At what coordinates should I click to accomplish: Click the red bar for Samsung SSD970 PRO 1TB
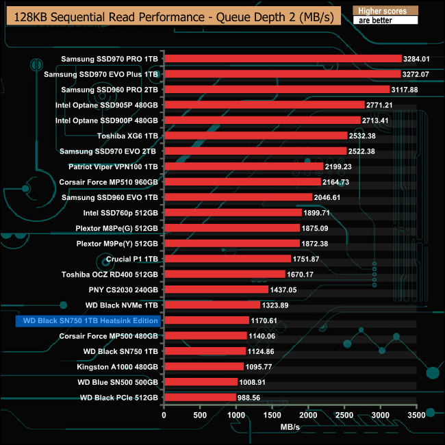(283, 58)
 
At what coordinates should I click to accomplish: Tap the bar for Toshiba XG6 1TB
(255, 136)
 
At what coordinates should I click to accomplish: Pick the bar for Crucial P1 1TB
(227, 259)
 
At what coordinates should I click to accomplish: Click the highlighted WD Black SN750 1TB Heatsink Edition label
(88, 320)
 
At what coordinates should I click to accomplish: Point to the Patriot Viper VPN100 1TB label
(113, 166)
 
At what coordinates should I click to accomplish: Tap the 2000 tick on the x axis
(308, 415)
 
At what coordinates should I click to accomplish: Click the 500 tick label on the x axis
(200, 415)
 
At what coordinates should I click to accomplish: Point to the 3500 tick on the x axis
(416, 415)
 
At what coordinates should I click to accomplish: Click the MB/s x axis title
(290, 427)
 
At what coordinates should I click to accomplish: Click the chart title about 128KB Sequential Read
(173, 16)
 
